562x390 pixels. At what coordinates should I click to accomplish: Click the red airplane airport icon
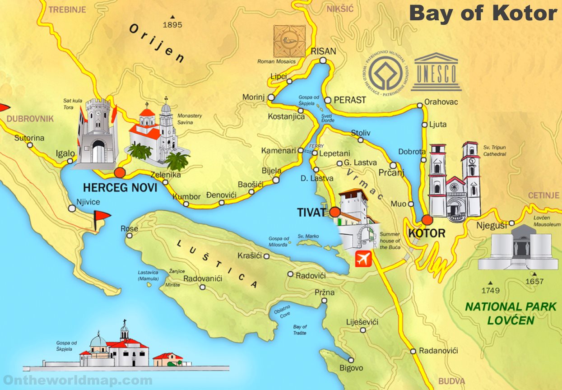[363, 259]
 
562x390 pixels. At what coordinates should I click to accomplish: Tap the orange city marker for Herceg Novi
[120, 172]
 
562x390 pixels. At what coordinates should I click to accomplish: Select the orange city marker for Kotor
[427, 220]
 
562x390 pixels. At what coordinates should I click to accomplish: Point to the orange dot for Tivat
[334, 212]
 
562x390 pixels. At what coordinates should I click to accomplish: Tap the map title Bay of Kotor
[483, 14]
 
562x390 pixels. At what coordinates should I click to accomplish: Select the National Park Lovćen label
[511, 313]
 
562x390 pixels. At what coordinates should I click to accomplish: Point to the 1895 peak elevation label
[172, 25]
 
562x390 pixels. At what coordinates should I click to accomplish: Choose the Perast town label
[350, 100]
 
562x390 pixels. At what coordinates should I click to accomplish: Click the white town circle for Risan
[323, 60]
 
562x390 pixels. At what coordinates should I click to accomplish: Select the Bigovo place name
[351, 368]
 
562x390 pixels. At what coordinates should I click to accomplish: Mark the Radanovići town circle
[413, 351]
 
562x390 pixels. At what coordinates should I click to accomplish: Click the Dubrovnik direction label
[30, 119]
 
